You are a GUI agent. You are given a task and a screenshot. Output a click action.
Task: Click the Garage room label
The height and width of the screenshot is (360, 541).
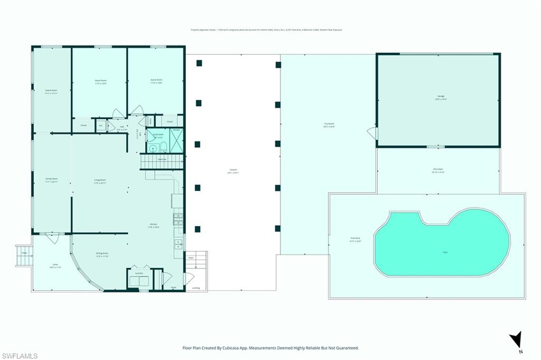(440, 97)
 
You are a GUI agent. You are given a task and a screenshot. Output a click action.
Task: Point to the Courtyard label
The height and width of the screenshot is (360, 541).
(329, 124)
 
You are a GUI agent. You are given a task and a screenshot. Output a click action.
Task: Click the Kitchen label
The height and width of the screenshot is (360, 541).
(153, 225)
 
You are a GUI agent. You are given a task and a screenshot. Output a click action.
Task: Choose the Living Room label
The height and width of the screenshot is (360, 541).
(100, 181)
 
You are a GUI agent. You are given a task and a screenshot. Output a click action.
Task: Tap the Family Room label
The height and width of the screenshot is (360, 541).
(51, 179)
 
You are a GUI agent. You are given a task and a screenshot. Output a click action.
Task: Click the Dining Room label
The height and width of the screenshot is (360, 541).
(102, 254)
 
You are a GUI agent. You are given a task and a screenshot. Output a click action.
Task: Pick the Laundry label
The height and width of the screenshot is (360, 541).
(138, 273)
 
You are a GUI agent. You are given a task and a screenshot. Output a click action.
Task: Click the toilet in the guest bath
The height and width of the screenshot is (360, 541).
(163, 146)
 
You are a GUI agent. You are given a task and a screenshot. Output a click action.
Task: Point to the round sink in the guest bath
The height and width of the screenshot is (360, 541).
(153, 147)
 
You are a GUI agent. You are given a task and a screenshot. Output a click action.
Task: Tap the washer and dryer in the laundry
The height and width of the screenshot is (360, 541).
(139, 281)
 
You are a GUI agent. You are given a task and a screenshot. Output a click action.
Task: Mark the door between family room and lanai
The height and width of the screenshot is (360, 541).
(52, 238)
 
